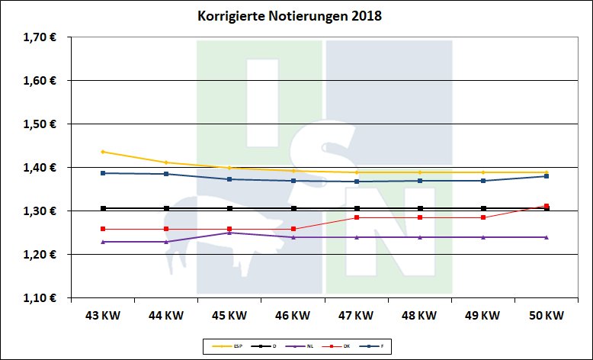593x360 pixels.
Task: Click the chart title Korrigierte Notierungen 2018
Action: (x=278, y=15)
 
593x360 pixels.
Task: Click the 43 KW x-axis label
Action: (x=102, y=315)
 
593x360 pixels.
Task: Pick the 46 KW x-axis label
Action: (x=293, y=315)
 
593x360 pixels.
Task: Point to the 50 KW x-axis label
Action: (x=547, y=315)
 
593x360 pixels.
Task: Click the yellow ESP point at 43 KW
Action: (x=102, y=152)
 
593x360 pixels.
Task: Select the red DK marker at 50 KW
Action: (x=547, y=206)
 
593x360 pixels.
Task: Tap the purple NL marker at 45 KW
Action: (x=229, y=233)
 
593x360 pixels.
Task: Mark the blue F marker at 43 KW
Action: (x=102, y=173)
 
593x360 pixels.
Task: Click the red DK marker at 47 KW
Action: (x=356, y=217)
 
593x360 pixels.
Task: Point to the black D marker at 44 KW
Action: (x=166, y=208)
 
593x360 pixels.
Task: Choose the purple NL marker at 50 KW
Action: (x=547, y=237)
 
